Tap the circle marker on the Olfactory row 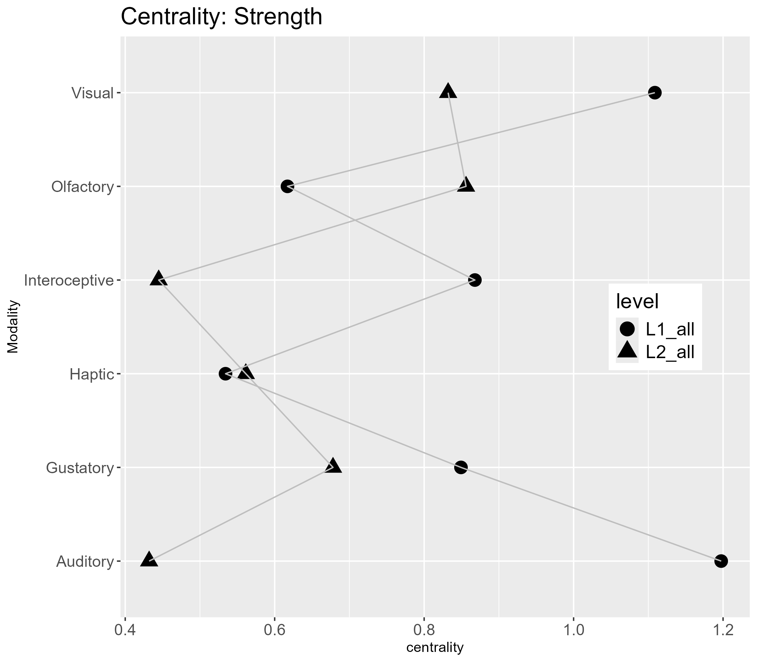287,187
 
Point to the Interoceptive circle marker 475,280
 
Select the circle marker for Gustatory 461,467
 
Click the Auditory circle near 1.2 721,561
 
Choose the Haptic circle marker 226,374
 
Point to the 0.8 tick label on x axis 424,630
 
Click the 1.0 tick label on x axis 573,630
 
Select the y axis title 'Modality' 13,327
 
